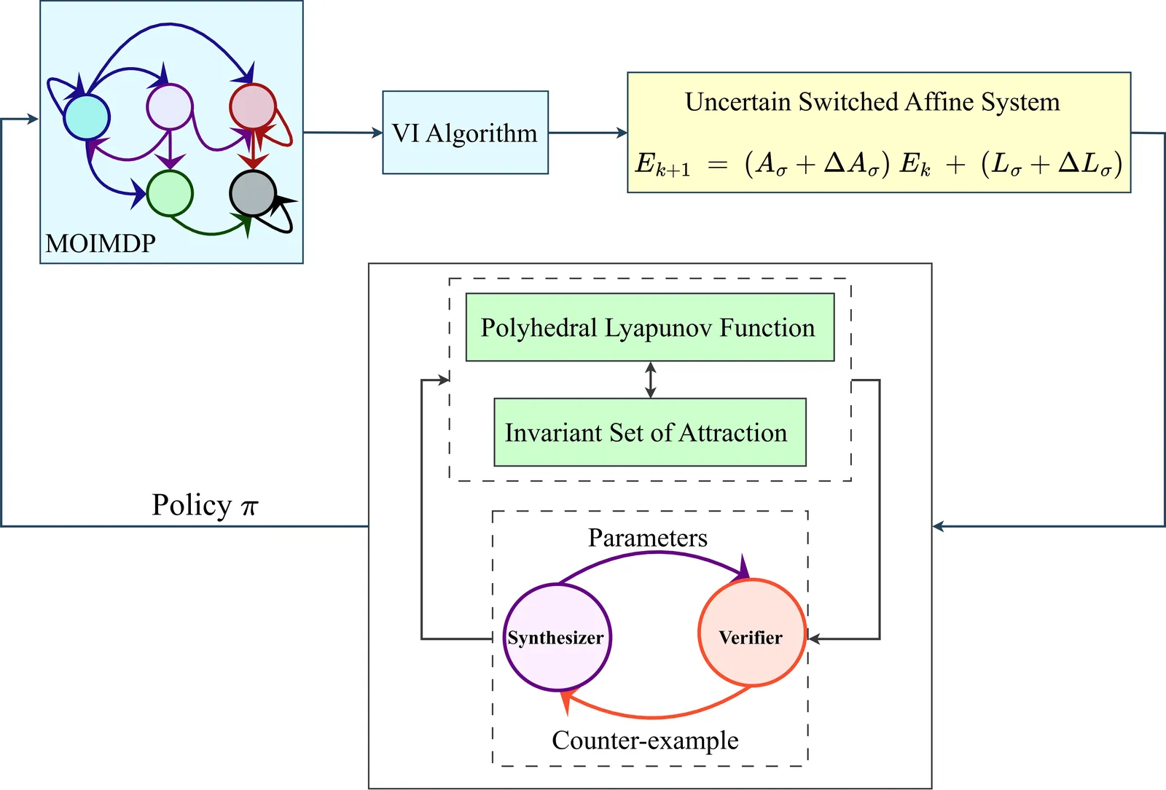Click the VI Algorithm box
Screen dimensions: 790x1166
pyautogui.click(x=465, y=133)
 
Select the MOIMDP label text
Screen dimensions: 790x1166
pyautogui.click(x=101, y=243)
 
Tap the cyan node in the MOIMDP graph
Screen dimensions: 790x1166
pyautogui.click(x=87, y=117)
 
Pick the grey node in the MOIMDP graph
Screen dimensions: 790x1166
pyautogui.click(x=252, y=194)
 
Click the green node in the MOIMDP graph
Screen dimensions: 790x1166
pyautogui.click(x=170, y=193)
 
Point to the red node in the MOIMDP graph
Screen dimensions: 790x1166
pyautogui.click(x=252, y=106)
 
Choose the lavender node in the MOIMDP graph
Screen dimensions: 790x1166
pyautogui.click(x=169, y=106)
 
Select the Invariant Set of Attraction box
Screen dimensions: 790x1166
pyautogui.click(x=649, y=432)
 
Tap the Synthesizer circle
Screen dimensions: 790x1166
pyautogui.click(x=557, y=638)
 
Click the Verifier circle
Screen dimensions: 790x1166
pyautogui.click(x=752, y=633)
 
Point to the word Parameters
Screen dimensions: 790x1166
pyautogui.click(x=647, y=538)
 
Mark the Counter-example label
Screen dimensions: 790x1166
pyautogui.click(x=645, y=740)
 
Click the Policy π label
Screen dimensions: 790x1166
pyautogui.click(x=205, y=505)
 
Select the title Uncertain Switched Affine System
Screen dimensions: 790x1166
pyautogui.click(x=872, y=102)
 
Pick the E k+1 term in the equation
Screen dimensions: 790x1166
pyautogui.click(x=662, y=165)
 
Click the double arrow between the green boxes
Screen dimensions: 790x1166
pyautogui.click(x=651, y=380)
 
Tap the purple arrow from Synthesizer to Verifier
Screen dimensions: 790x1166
pyautogui.click(x=656, y=555)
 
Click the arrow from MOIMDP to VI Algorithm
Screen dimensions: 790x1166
pyautogui.click(x=343, y=133)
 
